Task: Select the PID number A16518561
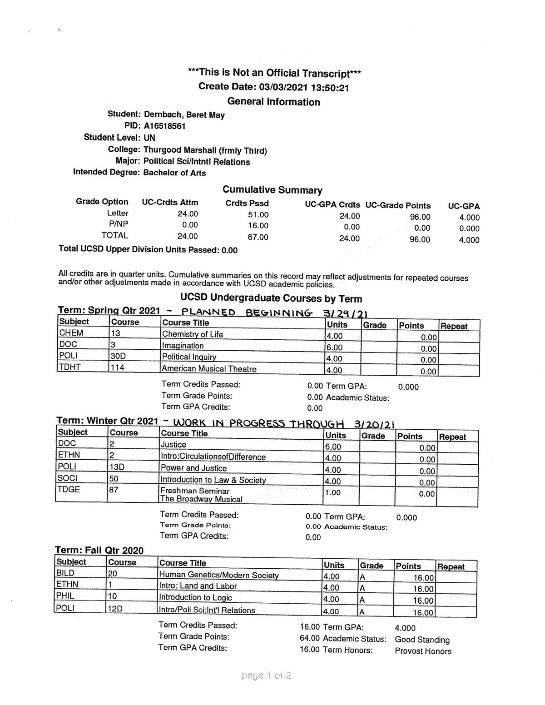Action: click(164, 126)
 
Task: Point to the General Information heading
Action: click(273, 102)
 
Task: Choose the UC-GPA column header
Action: click(464, 206)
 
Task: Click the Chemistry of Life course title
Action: click(193, 334)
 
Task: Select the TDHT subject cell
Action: click(70, 367)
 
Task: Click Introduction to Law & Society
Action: click(213, 480)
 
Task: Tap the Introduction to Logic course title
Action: click(195, 597)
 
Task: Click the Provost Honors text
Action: click(423, 651)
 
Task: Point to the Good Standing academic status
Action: click(422, 640)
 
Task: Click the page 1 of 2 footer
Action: click(267, 675)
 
